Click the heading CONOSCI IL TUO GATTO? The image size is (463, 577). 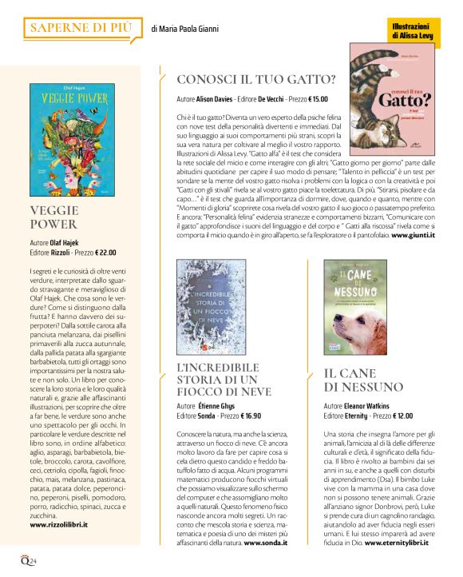click(255, 80)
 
